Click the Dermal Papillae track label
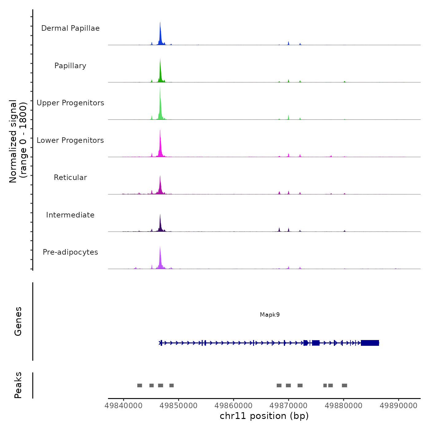(x=70, y=28)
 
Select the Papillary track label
(x=70, y=66)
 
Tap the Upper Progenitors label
(x=70, y=103)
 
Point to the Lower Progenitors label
(x=70, y=140)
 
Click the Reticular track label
(x=70, y=178)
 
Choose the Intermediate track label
(x=70, y=215)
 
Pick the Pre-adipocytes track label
(x=70, y=252)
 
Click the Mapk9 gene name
(x=270, y=315)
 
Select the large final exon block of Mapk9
(x=370, y=343)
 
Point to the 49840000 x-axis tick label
(x=123, y=405)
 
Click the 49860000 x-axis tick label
(x=233, y=405)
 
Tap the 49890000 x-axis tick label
(x=398, y=405)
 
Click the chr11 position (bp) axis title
(x=264, y=416)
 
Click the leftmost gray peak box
(x=139, y=385)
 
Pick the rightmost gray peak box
(x=344, y=385)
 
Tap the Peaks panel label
(x=18, y=385)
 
